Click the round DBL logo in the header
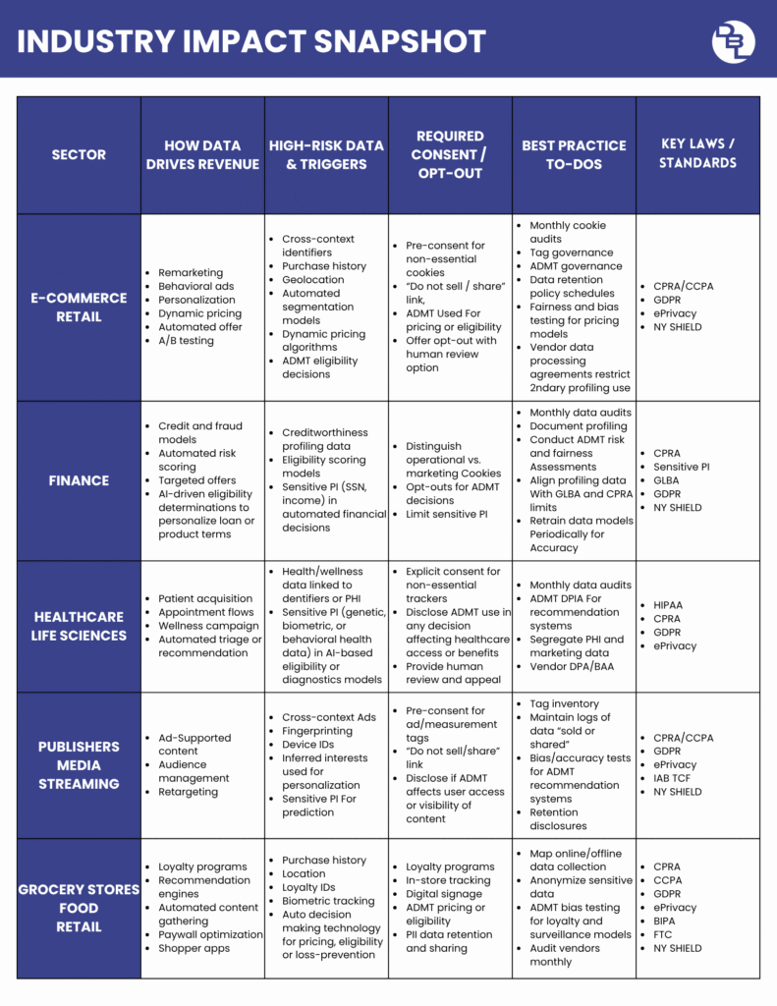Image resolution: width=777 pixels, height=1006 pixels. (x=733, y=40)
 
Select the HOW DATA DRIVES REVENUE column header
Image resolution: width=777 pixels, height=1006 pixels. (x=202, y=155)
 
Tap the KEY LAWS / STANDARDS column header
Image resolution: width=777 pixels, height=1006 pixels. (x=697, y=153)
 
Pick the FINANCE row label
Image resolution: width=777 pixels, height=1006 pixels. (x=79, y=480)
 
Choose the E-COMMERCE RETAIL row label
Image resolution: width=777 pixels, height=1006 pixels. (x=79, y=307)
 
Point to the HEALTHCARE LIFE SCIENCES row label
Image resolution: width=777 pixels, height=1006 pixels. (x=79, y=626)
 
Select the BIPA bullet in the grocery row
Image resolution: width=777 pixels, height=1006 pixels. (x=668, y=922)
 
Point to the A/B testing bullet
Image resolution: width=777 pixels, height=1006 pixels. (x=186, y=341)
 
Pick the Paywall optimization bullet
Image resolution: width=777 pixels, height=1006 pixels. (x=210, y=934)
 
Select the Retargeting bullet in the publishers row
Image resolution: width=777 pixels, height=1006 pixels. (x=189, y=792)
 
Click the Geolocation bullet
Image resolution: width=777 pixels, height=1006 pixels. (x=312, y=279)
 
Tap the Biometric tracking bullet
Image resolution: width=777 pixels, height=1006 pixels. (x=328, y=901)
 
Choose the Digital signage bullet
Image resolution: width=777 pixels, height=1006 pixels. (x=444, y=894)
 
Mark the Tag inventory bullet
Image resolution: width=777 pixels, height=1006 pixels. (x=564, y=703)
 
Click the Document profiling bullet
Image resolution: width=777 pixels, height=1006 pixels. (x=578, y=426)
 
